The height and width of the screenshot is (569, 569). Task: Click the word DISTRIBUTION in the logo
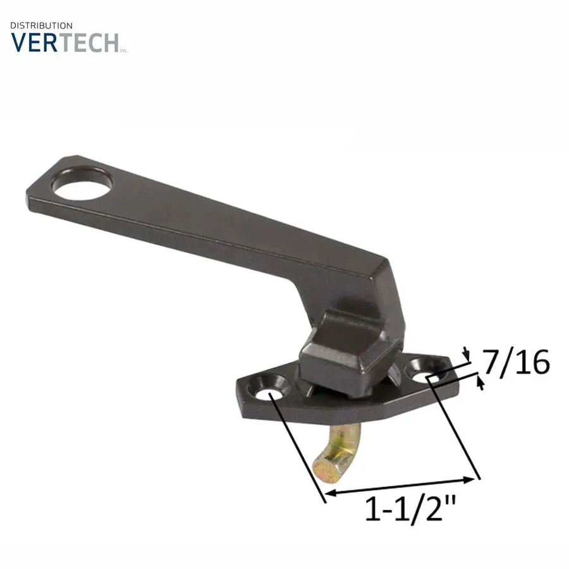pyautogui.click(x=41, y=26)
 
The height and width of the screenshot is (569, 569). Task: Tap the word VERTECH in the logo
pyautogui.click(x=64, y=43)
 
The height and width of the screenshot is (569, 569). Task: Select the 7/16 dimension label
pyautogui.click(x=516, y=363)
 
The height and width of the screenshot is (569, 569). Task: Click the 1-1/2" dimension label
pyautogui.click(x=410, y=510)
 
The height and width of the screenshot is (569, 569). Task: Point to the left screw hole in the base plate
pyautogui.click(x=268, y=388)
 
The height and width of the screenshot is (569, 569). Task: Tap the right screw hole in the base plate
pyautogui.click(x=425, y=369)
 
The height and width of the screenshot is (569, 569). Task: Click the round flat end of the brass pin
pyautogui.click(x=326, y=472)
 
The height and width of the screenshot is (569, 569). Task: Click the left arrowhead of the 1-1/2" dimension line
pyautogui.click(x=329, y=493)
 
